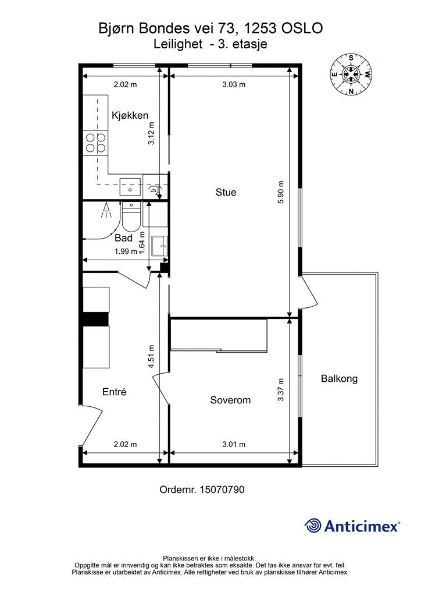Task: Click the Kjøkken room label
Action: pyautogui.click(x=130, y=116)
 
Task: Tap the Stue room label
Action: pyautogui.click(x=226, y=192)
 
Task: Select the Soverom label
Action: pyautogui.click(x=230, y=400)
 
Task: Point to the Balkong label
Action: pyautogui.click(x=339, y=378)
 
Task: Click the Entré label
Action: pyautogui.click(x=115, y=392)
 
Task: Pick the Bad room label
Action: pyautogui.click(x=123, y=238)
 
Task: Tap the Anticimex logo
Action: pyautogui.click(x=352, y=526)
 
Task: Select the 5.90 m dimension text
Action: pyautogui.click(x=280, y=192)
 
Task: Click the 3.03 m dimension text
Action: pyautogui.click(x=234, y=84)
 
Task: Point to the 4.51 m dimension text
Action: pyautogui.click(x=151, y=356)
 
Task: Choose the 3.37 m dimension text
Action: pyautogui.click(x=280, y=390)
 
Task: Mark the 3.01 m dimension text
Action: pyautogui.click(x=234, y=444)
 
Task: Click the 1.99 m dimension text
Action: pyautogui.click(x=126, y=251)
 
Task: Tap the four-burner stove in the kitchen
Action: pyautogui.click(x=96, y=142)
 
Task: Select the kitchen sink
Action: pyautogui.click(x=130, y=186)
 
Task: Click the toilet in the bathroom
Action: pyautogui.click(x=131, y=217)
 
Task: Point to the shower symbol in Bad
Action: pyautogui.click(x=106, y=210)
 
